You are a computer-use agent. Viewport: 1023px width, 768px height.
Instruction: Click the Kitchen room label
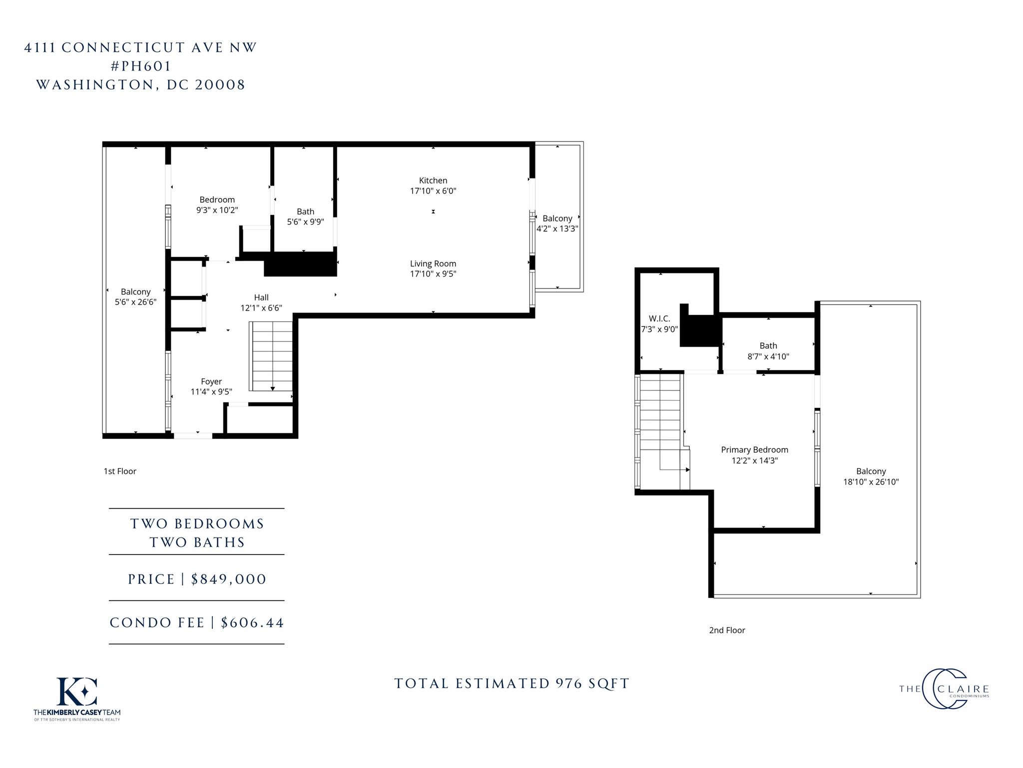point(433,180)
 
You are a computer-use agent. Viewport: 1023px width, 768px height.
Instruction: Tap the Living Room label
point(433,263)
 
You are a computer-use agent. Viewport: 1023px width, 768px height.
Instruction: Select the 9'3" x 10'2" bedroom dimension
point(217,210)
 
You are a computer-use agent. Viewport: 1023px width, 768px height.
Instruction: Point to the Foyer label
point(211,381)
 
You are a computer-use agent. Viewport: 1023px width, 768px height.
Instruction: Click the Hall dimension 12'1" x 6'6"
point(261,308)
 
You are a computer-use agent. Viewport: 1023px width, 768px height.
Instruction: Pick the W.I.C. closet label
point(659,318)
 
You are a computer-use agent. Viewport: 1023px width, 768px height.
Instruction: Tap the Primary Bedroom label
point(754,449)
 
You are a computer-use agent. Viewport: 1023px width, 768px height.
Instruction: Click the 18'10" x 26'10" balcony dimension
point(871,482)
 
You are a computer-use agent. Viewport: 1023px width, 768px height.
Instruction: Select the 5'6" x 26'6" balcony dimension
point(135,302)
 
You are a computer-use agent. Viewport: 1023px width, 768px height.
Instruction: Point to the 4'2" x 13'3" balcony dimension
point(557,229)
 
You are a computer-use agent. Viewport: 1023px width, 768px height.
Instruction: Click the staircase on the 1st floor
point(271,356)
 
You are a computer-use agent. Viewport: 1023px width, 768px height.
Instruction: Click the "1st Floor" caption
point(120,471)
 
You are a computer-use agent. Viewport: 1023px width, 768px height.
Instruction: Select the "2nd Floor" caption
point(727,630)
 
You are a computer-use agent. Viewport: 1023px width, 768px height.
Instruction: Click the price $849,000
point(229,579)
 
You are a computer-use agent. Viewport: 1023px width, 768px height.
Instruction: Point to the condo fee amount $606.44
point(252,622)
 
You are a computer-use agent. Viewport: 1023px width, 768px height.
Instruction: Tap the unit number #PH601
point(140,66)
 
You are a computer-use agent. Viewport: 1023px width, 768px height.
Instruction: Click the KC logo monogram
point(77,691)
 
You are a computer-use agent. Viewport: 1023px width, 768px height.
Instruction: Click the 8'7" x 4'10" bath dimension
point(768,356)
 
